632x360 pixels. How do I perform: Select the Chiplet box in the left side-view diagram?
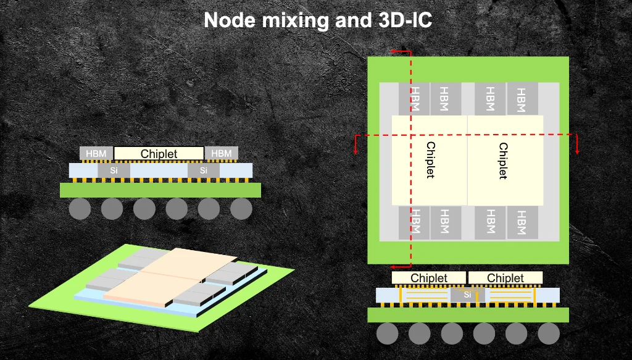(x=159, y=154)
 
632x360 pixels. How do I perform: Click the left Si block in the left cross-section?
(x=114, y=169)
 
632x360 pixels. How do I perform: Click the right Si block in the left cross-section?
(x=204, y=169)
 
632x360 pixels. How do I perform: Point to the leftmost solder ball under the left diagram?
(x=80, y=209)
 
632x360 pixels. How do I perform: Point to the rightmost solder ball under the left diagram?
(x=241, y=209)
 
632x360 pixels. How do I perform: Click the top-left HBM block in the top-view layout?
(x=414, y=99)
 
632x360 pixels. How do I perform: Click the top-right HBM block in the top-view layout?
(x=522, y=99)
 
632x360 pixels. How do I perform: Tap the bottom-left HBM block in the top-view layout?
(x=414, y=222)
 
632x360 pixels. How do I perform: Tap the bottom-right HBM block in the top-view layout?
(x=522, y=222)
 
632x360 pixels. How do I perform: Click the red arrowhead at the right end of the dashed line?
(x=576, y=151)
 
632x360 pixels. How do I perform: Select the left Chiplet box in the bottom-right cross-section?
(x=429, y=278)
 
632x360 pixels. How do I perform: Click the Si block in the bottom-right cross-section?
(x=467, y=295)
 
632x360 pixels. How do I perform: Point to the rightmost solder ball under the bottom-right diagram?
(x=548, y=333)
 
